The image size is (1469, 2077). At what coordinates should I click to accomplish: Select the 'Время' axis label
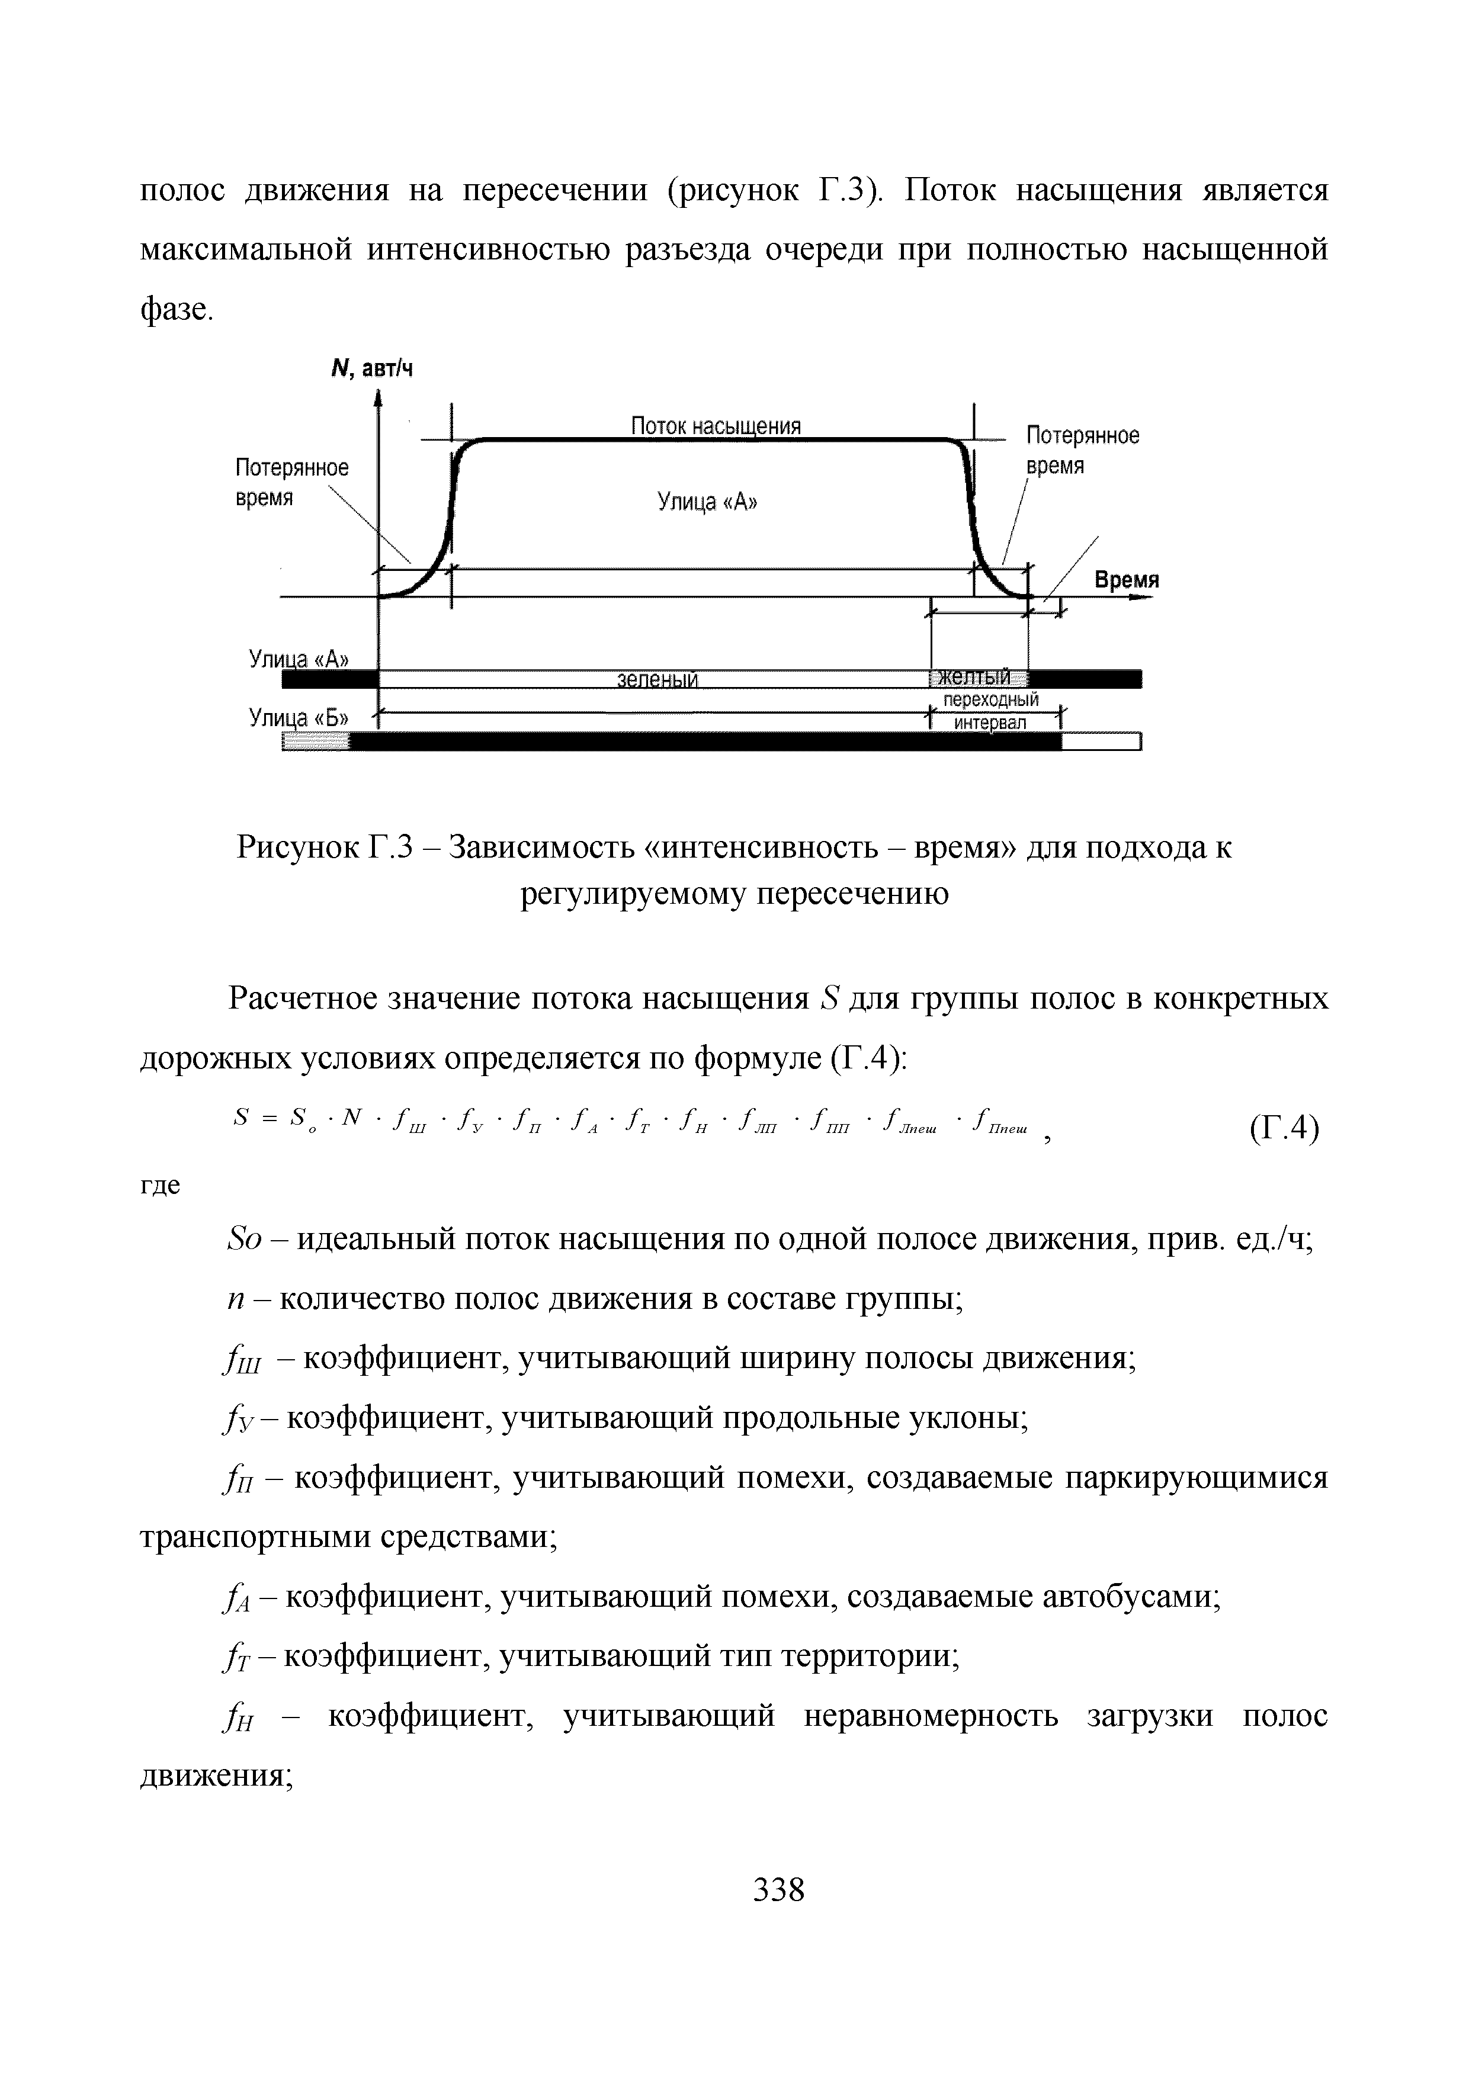[1126, 580]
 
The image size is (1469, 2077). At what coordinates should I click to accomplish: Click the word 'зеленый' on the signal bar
[657, 679]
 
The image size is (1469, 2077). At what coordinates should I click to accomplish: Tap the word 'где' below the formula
[160, 1185]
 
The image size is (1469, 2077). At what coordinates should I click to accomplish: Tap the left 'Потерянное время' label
[291, 482]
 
